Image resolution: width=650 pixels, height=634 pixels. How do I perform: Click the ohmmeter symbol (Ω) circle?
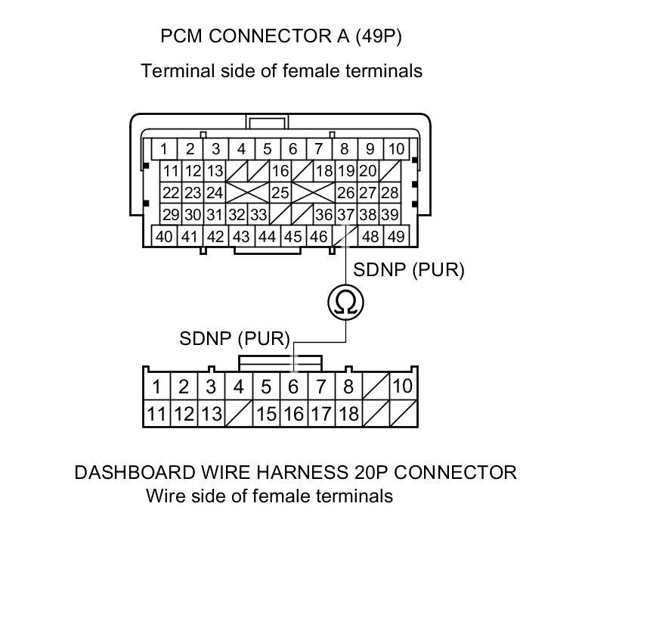[346, 303]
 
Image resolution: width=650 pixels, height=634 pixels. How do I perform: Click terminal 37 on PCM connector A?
[345, 215]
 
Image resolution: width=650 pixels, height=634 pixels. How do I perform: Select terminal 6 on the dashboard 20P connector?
[293, 387]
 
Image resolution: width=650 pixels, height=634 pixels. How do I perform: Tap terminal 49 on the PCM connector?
[395, 236]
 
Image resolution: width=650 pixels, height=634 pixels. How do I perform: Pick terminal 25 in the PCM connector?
[280, 193]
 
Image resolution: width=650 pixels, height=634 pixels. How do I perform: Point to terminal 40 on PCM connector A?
[164, 236]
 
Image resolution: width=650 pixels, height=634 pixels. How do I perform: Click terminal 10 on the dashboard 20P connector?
[403, 387]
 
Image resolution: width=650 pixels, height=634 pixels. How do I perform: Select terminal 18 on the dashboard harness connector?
[348, 414]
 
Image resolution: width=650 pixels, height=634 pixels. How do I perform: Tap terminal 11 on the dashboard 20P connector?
[156, 414]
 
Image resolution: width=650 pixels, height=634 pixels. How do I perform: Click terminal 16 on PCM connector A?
[280, 171]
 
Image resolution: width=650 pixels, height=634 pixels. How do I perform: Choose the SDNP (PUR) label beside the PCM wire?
[409, 269]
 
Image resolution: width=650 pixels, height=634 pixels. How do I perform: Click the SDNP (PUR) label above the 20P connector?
[234, 338]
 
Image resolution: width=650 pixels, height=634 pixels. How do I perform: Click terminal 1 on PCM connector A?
[164, 149]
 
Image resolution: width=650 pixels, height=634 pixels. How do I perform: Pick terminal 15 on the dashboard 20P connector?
[266, 414]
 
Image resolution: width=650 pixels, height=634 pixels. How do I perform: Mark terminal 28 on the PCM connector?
[389, 193]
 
